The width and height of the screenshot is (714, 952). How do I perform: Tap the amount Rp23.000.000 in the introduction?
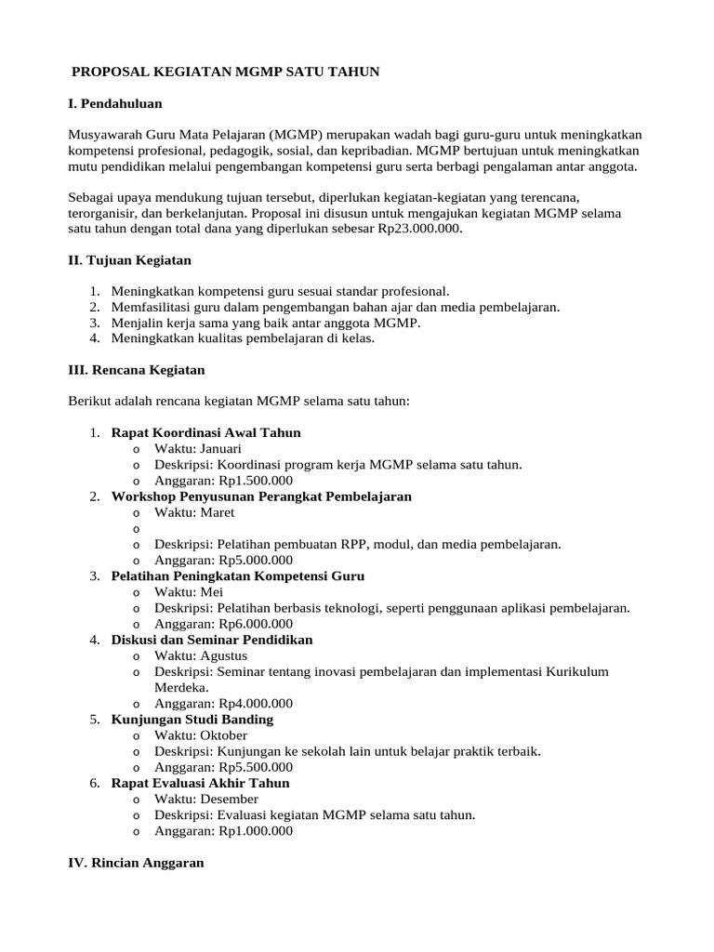417,229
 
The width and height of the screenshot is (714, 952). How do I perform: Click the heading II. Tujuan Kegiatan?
130,260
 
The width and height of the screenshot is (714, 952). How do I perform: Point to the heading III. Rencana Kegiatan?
137,370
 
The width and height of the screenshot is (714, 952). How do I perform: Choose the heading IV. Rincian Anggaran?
137,863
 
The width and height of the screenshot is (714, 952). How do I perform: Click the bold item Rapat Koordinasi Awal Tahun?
205,433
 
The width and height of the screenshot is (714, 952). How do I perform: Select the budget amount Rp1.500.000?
256,481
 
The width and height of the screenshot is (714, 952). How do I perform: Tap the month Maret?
216,512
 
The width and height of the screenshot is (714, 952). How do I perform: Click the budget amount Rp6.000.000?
256,624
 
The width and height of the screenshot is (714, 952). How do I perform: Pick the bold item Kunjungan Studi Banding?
192,720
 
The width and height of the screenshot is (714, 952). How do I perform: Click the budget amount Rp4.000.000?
256,704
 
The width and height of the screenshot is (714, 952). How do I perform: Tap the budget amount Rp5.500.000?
256,767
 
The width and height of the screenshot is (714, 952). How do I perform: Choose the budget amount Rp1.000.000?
256,831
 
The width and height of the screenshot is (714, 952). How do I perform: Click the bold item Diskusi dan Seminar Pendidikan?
212,640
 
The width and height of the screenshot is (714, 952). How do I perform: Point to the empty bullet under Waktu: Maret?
137,528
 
